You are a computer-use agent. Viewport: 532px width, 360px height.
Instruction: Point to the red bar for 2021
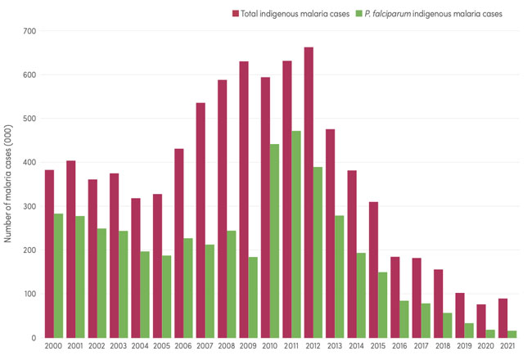coord(503,318)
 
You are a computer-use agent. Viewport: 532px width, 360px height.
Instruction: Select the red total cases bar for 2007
coord(201,220)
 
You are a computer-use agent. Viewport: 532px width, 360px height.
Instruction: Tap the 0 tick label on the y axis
coord(34,337)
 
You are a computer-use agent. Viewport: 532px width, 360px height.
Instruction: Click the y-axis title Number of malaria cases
coord(8,184)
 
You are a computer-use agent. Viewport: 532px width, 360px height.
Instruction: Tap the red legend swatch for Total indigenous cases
coord(236,13)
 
